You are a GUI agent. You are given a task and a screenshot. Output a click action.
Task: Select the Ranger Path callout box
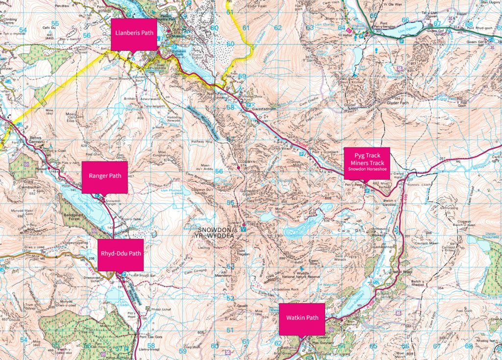104,176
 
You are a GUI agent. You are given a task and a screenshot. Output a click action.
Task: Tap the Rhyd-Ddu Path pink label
120,254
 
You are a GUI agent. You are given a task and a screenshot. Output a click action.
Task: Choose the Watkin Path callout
302,318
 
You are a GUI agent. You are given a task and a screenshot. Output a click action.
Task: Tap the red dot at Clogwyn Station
239,168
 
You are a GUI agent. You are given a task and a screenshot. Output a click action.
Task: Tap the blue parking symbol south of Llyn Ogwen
364,36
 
